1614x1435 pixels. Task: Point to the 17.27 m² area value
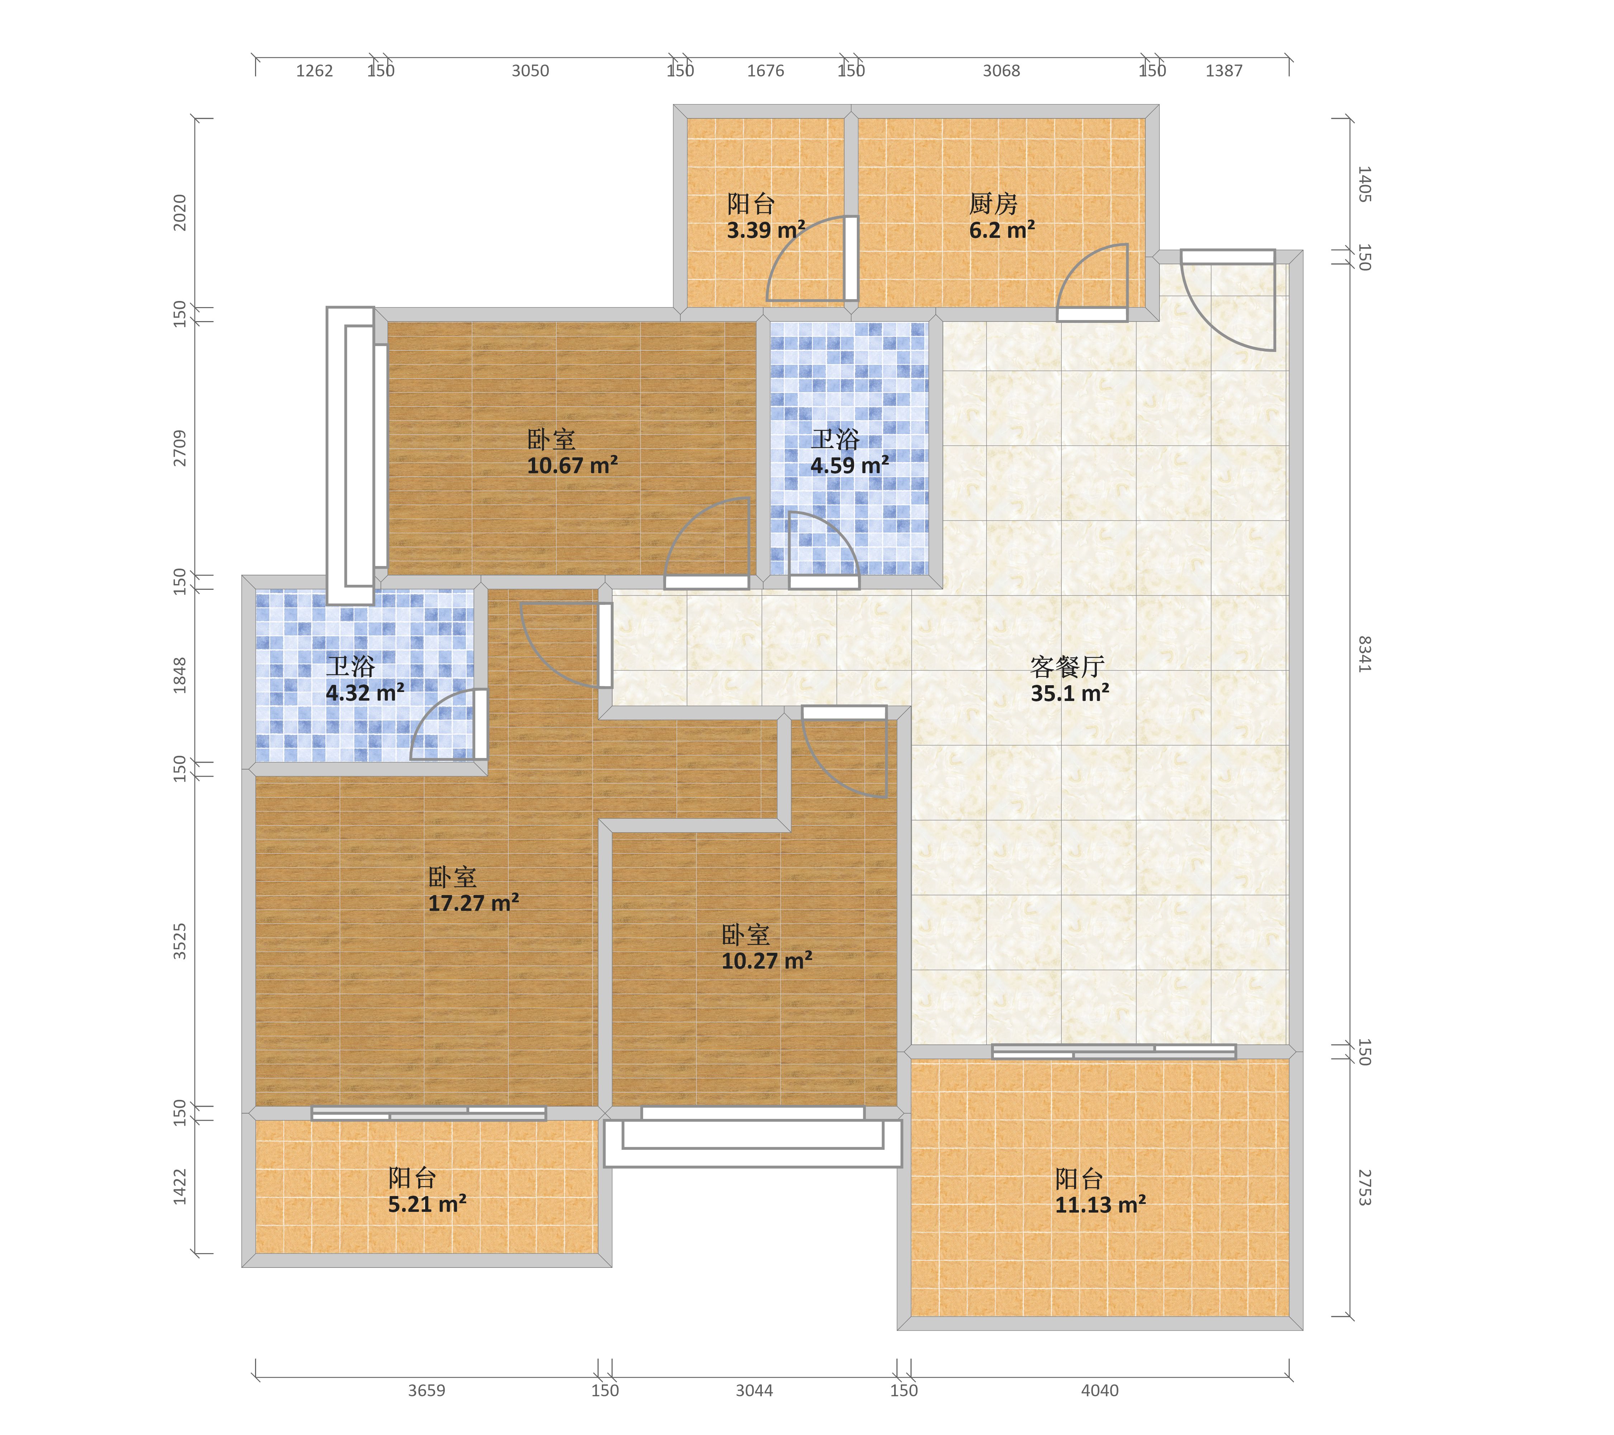(x=474, y=903)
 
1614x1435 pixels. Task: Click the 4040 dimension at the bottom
(x=1100, y=1390)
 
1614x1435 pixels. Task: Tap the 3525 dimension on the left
(x=180, y=941)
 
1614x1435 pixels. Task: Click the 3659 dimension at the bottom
(x=426, y=1390)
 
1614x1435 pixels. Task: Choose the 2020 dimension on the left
(x=180, y=212)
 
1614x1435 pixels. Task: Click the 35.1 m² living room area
(x=1070, y=693)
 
